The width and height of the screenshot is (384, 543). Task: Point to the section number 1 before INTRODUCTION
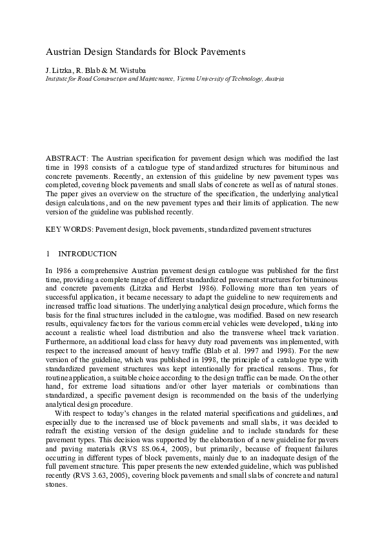pyautogui.click(x=47, y=254)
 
